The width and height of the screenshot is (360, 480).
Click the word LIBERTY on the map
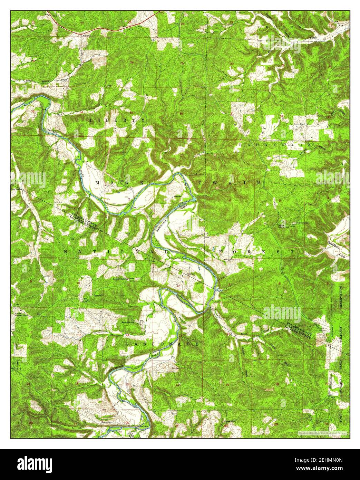(117, 120)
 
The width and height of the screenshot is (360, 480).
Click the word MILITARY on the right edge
(341, 335)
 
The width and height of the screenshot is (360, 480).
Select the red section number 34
(81, 113)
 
